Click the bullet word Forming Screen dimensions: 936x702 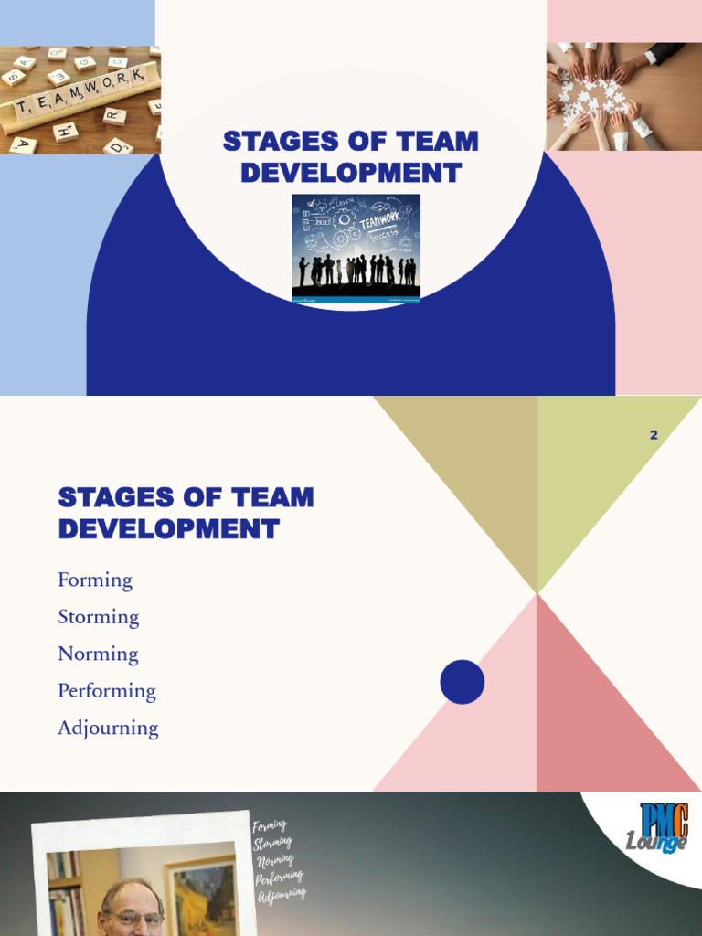pos(95,580)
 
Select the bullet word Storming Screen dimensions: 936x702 pos(99,617)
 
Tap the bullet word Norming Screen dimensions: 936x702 pos(98,654)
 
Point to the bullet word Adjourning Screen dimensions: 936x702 pos(108,729)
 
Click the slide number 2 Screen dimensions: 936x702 pos(654,435)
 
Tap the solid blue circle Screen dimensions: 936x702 pos(462,682)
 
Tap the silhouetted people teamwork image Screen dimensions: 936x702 pos(356,247)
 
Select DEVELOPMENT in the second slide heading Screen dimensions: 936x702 pos(168,528)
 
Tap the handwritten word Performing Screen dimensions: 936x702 pos(279,877)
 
